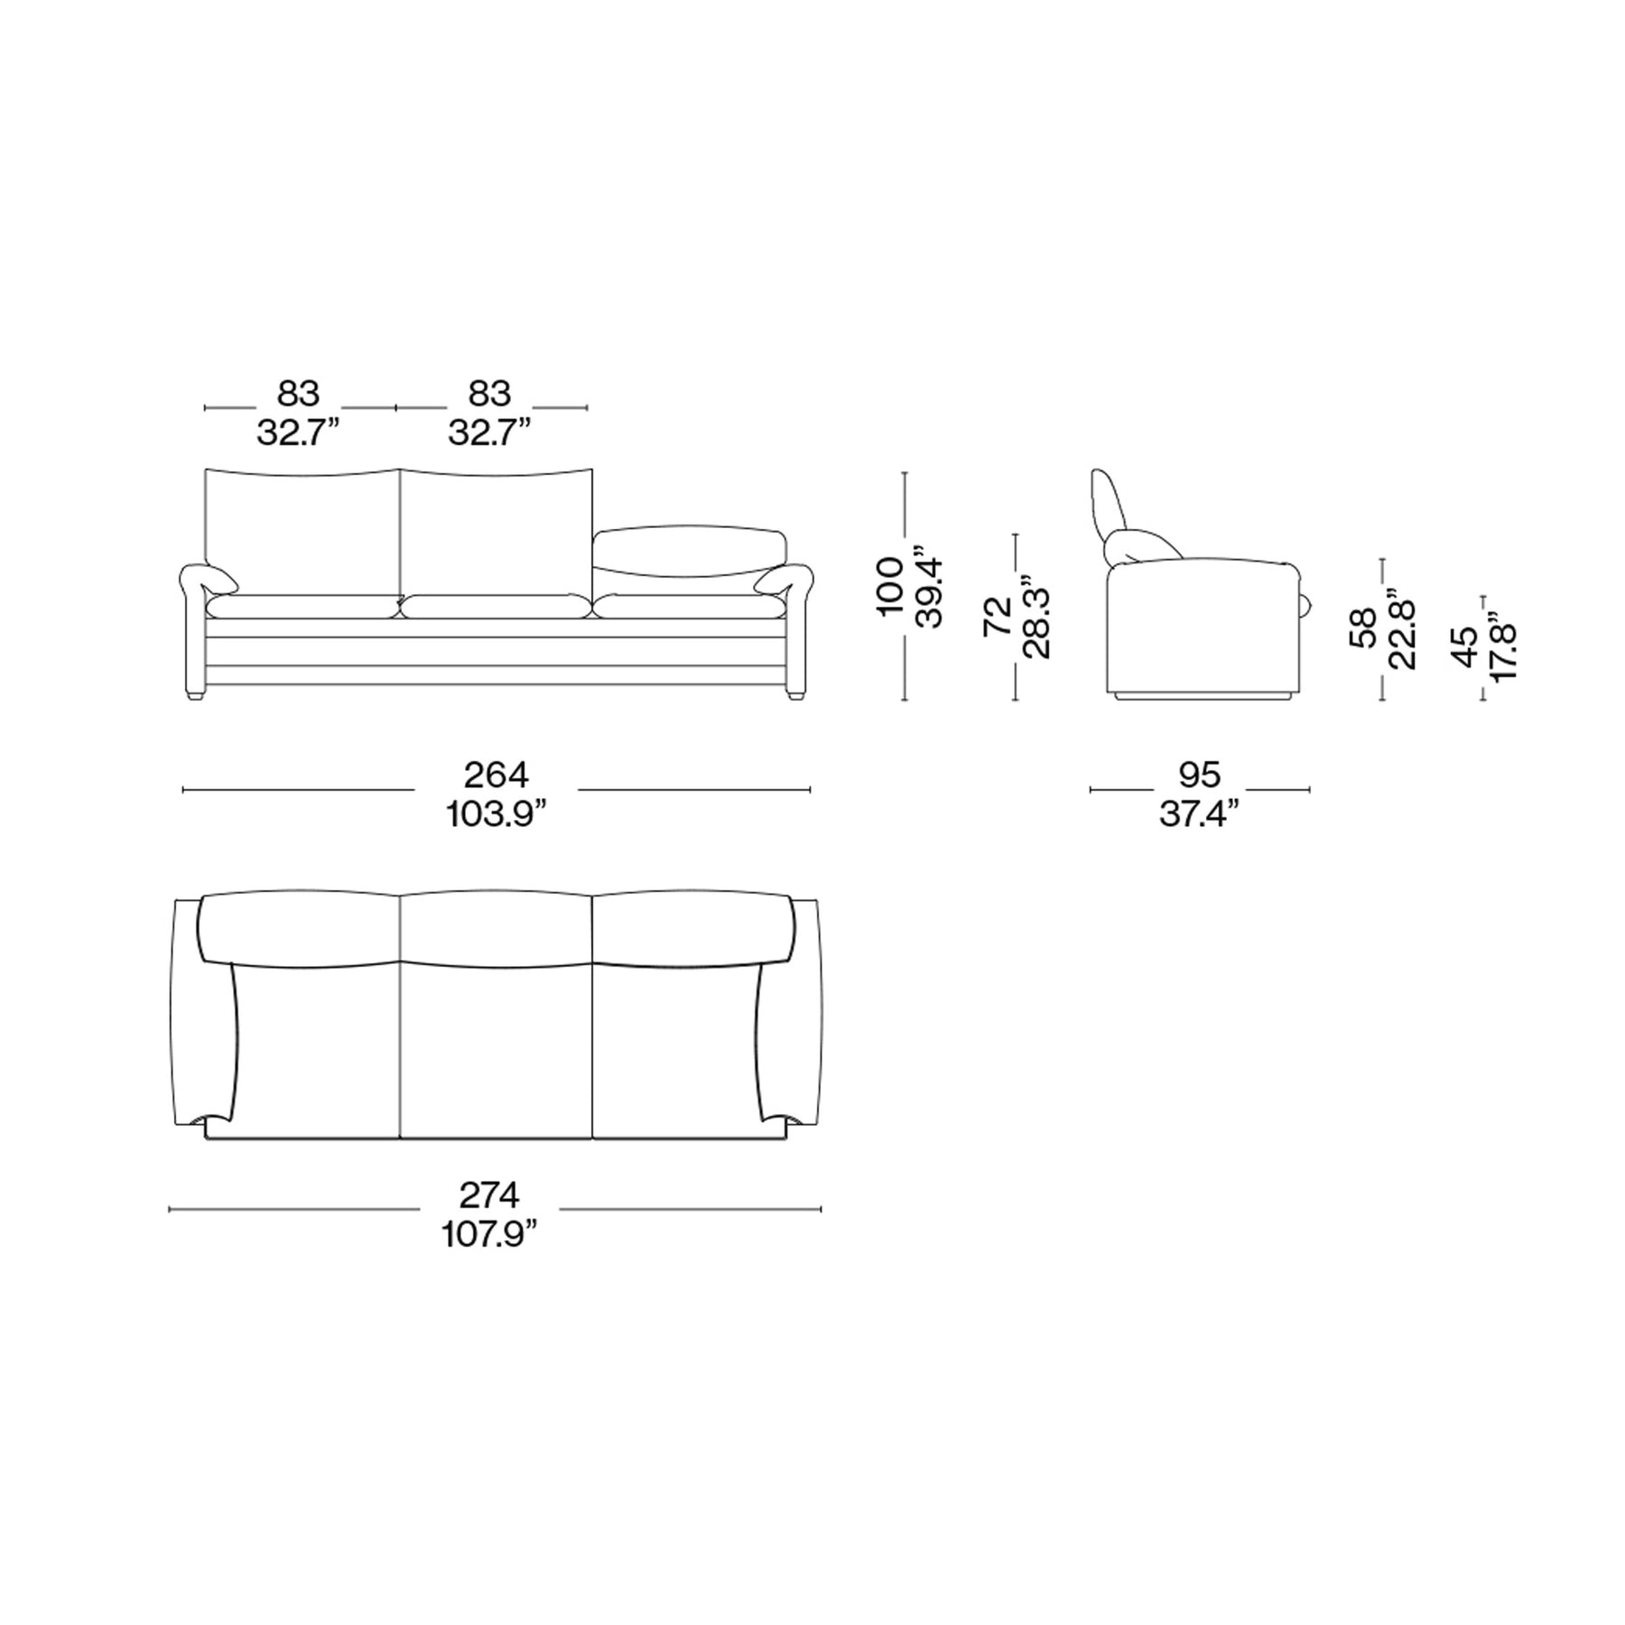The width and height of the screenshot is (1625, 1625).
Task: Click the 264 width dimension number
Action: click(496, 775)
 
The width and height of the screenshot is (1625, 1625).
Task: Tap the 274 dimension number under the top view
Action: click(489, 1195)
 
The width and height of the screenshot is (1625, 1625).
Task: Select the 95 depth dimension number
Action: click(1200, 775)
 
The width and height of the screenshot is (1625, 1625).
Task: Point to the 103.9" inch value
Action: click(497, 815)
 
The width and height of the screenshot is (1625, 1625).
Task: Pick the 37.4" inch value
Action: click(1199, 815)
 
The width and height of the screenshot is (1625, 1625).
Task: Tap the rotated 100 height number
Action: click(890, 587)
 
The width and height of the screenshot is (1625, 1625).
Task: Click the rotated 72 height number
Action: click(997, 617)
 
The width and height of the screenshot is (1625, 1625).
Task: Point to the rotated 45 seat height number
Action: click(1466, 646)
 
